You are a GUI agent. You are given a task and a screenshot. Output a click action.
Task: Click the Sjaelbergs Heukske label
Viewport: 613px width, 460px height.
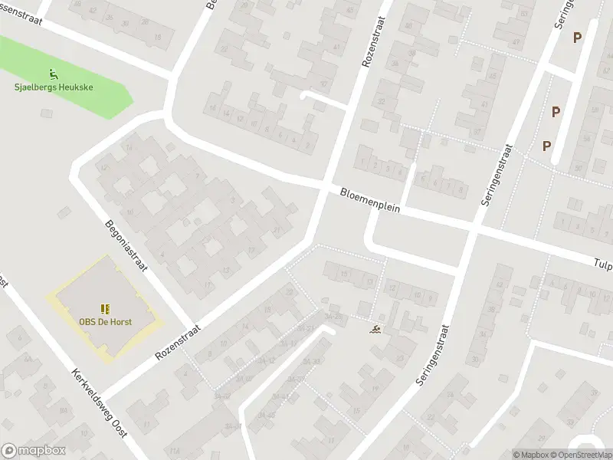pos(54,87)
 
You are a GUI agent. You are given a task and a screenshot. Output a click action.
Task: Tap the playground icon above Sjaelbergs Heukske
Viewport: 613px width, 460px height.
pos(53,74)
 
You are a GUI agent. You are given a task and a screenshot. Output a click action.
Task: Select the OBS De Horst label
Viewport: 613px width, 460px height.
pos(105,321)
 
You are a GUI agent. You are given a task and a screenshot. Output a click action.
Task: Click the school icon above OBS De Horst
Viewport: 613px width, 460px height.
pos(105,308)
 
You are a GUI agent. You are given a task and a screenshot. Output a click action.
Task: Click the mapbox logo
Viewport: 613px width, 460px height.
pos(34,450)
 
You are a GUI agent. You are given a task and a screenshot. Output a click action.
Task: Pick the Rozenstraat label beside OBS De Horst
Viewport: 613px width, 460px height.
pos(177,341)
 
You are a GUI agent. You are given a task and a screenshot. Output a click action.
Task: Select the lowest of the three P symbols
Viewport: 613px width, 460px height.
pos(547,146)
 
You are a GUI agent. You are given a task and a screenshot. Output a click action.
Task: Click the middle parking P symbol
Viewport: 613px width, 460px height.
pos(556,112)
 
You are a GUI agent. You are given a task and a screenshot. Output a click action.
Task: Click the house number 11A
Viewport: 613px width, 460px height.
pos(175,449)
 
